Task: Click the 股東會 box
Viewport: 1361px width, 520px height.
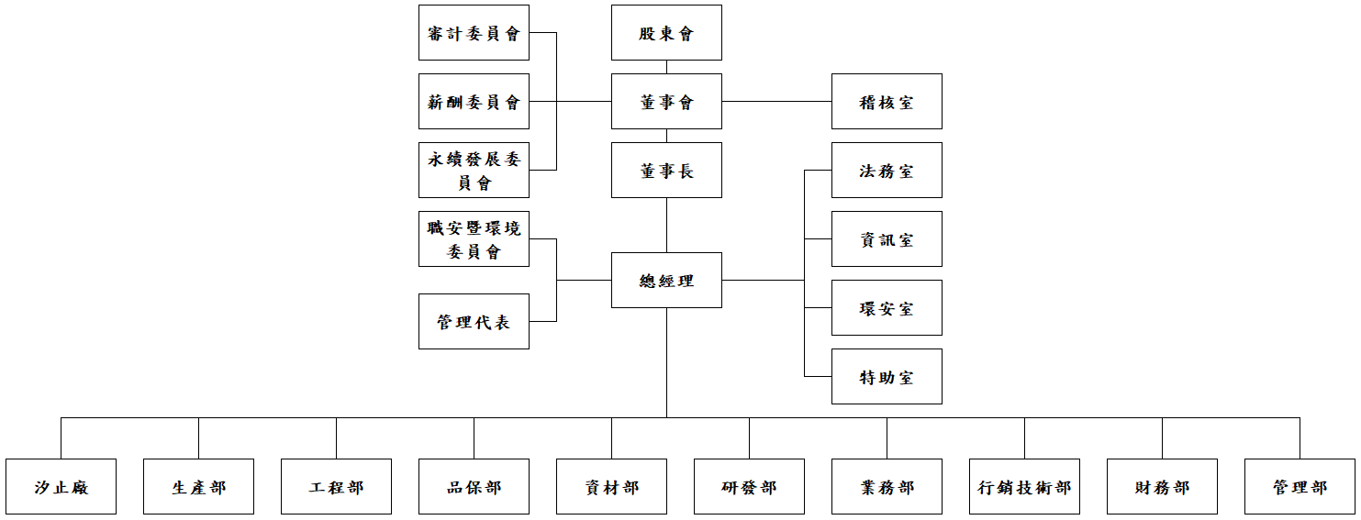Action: pyautogui.click(x=666, y=33)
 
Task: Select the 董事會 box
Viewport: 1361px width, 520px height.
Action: pyautogui.click(x=666, y=102)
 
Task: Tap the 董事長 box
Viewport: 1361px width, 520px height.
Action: pyautogui.click(x=666, y=171)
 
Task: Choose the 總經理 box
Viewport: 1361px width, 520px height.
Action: pyautogui.click(x=666, y=281)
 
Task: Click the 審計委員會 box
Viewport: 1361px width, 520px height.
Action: pyautogui.click(x=474, y=33)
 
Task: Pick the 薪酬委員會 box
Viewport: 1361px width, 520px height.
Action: pyautogui.click(x=474, y=102)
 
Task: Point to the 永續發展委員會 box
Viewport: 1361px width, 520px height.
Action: pyautogui.click(x=474, y=171)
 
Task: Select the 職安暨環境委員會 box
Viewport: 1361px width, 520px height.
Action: pyautogui.click(x=474, y=239)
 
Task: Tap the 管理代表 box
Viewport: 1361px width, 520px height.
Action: pyautogui.click(x=474, y=322)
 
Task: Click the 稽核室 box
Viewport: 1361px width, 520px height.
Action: pyautogui.click(x=887, y=102)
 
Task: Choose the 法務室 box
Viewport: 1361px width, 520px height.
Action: pyautogui.click(x=887, y=171)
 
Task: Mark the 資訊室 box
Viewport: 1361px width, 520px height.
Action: pyautogui.click(x=887, y=239)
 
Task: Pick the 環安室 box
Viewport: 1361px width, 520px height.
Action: pyautogui.click(x=887, y=308)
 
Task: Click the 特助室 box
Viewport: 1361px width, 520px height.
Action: pyautogui.click(x=887, y=377)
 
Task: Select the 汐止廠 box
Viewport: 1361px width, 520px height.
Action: pyautogui.click(x=61, y=487)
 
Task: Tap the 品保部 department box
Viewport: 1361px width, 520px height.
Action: pyautogui.click(x=474, y=487)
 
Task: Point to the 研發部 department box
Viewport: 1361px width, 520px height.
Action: pyautogui.click(x=749, y=487)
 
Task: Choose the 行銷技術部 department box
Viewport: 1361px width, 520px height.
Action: pyautogui.click(x=1024, y=487)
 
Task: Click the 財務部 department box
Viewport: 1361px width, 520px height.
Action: pyautogui.click(x=1162, y=487)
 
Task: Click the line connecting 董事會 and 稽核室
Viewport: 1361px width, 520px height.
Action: pyautogui.click(x=776, y=102)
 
